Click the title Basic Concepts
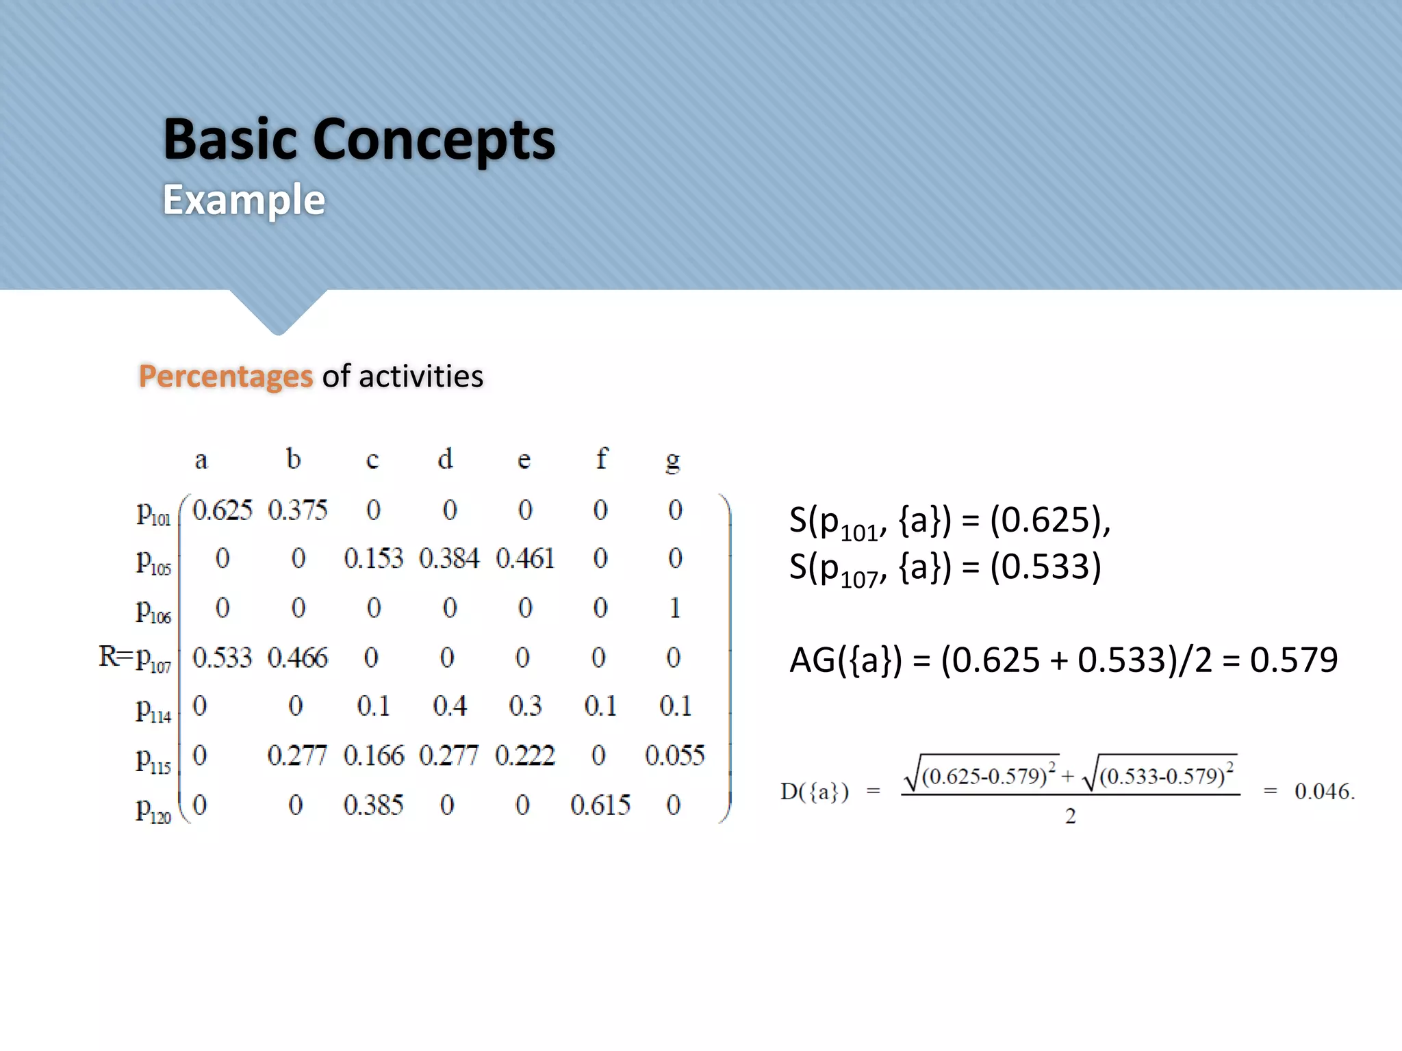pos(359,140)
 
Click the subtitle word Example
pos(244,200)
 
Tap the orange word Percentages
pos(225,376)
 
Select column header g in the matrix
pos(673,460)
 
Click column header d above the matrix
pos(445,459)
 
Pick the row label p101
pos(153,513)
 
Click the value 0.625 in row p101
pos(222,510)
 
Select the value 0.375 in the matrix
pos(298,510)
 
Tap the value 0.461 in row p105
pos(525,559)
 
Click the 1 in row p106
pos(675,608)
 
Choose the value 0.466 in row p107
pos(298,658)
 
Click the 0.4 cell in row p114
pos(450,706)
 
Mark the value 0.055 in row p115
pos(674,755)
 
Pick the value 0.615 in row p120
pos(600,805)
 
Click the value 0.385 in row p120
pos(374,805)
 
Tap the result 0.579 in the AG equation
pos(1293,660)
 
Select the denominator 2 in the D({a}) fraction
pos(1071,816)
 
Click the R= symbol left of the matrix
pos(115,656)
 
